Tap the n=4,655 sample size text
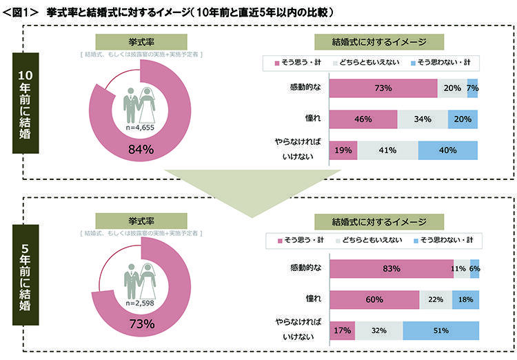[x=141, y=128]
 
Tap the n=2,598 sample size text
[x=141, y=303]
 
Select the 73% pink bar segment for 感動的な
[x=383, y=88]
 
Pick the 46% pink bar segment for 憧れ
[x=364, y=119]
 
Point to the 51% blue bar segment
[x=441, y=330]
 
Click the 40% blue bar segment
[x=448, y=150]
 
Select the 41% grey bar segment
[x=388, y=150]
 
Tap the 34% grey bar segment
[x=423, y=119]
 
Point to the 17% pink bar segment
[x=343, y=330]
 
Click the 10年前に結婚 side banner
[x=28, y=102]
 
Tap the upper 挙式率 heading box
[x=140, y=41]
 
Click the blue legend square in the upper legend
[x=413, y=63]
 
